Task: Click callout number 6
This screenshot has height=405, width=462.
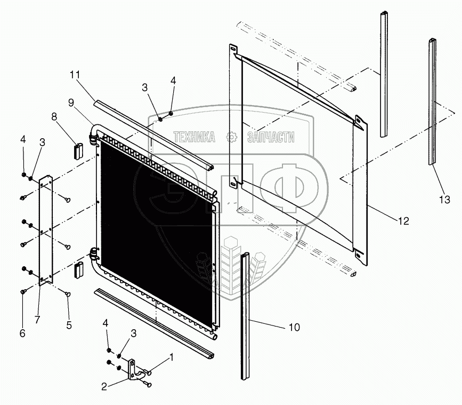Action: [22, 333]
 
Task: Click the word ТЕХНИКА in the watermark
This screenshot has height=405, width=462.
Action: [194, 138]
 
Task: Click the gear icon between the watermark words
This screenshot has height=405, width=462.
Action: [231, 137]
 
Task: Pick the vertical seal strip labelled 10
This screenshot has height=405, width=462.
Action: [246, 320]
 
